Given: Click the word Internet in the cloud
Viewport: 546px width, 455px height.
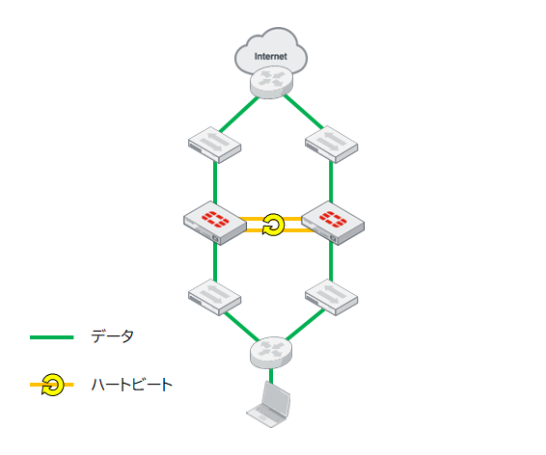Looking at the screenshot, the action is [x=270, y=56].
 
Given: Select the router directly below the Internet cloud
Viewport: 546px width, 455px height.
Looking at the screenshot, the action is [x=271, y=83].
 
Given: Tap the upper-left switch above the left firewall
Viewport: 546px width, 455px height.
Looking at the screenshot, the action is [x=214, y=145].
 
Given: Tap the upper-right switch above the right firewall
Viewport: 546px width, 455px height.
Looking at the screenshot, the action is [x=331, y=145].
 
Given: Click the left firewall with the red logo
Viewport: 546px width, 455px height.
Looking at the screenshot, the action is [x=215, y=223].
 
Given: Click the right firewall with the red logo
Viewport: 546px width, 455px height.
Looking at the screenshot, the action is [x=333, y=223].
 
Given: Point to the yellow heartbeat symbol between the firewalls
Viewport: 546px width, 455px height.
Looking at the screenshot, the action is [x=273, y=225].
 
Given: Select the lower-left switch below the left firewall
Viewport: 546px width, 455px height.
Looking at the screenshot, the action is [x=214, y=298].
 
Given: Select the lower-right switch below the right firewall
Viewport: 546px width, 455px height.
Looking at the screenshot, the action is [x=331, y=298].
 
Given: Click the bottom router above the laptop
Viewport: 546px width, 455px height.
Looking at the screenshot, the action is [x=271, y=353].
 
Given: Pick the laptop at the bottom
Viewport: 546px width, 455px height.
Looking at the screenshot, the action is [x=268, y=404].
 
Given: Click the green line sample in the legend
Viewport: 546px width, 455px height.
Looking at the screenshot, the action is [x=52, y=337].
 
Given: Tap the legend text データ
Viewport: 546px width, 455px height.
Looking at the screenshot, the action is [x=112, y=336].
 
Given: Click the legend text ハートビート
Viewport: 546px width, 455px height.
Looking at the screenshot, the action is [x=131, y=385].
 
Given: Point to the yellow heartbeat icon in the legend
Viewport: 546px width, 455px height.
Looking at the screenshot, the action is [x=53, y=385].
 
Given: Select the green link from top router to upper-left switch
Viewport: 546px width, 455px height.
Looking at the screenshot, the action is [x=239, y=115].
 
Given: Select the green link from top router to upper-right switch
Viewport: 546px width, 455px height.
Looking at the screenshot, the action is [x=303, y=112].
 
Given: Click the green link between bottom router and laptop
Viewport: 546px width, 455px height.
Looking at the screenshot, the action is [x=271, y=376].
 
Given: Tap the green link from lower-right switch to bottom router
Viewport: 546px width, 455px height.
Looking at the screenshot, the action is [x=306, y=325].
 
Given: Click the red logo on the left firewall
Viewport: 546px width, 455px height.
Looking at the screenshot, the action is [x=215, y=219].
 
